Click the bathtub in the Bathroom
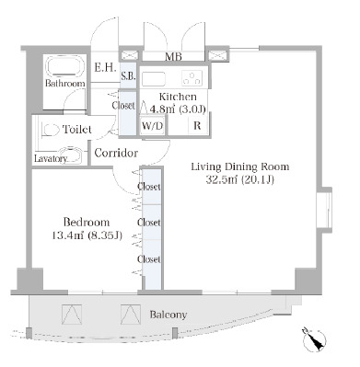click(x=65, y=66)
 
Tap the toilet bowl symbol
click(x=50, y=131)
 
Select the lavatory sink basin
click(x=70, y=155)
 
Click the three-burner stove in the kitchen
click(x=192, y=77)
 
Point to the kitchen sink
click(x=154, y=78)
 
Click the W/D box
click(x=152, y=126)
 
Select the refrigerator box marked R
click(x=197, y=125)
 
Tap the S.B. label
click(x=128, y=76)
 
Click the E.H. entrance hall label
click(x=105, y=67)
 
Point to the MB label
click(x=173, y=56)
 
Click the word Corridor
click(x=116, y=153)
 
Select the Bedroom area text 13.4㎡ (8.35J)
click(x=87, y=235)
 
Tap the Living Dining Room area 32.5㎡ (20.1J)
click(x=239, y=179)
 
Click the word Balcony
click(x=168, y=315)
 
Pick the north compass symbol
click(x=314, y=339)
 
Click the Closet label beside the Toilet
click(x=123, y=106)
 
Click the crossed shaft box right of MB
click(x=217, y=56)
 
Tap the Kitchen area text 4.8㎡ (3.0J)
click(x=178, y=109)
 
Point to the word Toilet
click(x=77, y=130)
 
